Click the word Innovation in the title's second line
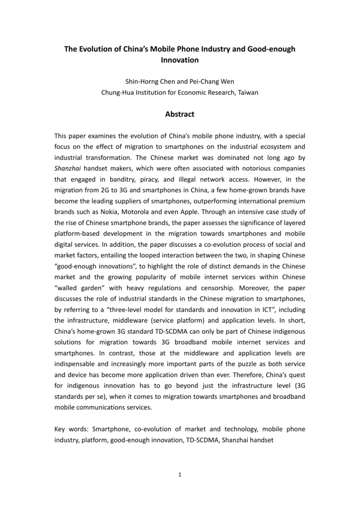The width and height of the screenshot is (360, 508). (180, 60)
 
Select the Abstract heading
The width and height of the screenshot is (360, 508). (180, 114)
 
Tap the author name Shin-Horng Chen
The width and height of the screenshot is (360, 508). (148, 81)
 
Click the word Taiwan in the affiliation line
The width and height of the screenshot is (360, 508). (247, 92)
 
